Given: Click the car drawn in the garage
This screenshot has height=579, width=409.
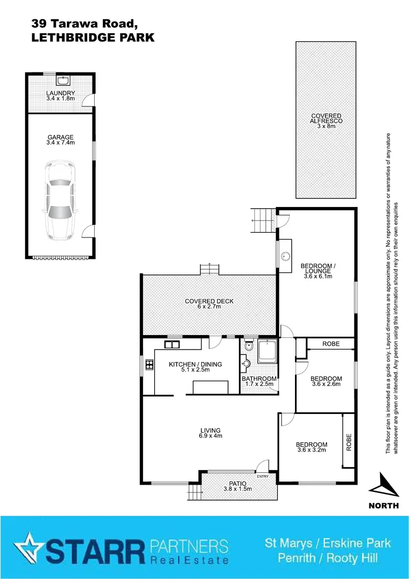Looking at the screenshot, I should (x=60, y=201).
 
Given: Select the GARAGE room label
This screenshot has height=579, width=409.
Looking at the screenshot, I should (x=60, y=137).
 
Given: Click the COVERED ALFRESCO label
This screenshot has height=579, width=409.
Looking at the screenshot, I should (x=327, y=118).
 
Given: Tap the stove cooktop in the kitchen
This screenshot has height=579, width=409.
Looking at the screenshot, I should (x=149, y=365).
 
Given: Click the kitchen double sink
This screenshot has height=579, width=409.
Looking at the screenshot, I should (x=172, y=344).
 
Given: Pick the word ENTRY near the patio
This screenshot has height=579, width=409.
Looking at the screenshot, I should (x=263, y=477).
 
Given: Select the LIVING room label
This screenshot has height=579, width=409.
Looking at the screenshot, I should (x=210, y=430).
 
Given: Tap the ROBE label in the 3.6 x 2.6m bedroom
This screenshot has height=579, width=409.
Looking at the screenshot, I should (x=331, y=344).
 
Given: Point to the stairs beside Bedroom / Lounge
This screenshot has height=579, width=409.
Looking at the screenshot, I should (x=263, y=220).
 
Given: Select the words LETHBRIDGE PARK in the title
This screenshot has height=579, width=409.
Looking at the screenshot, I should (x=93, y=38).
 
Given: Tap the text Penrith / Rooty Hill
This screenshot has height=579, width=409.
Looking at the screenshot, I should (x=328, y=558).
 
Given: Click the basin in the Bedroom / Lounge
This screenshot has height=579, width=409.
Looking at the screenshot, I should (x=285, y=256).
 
